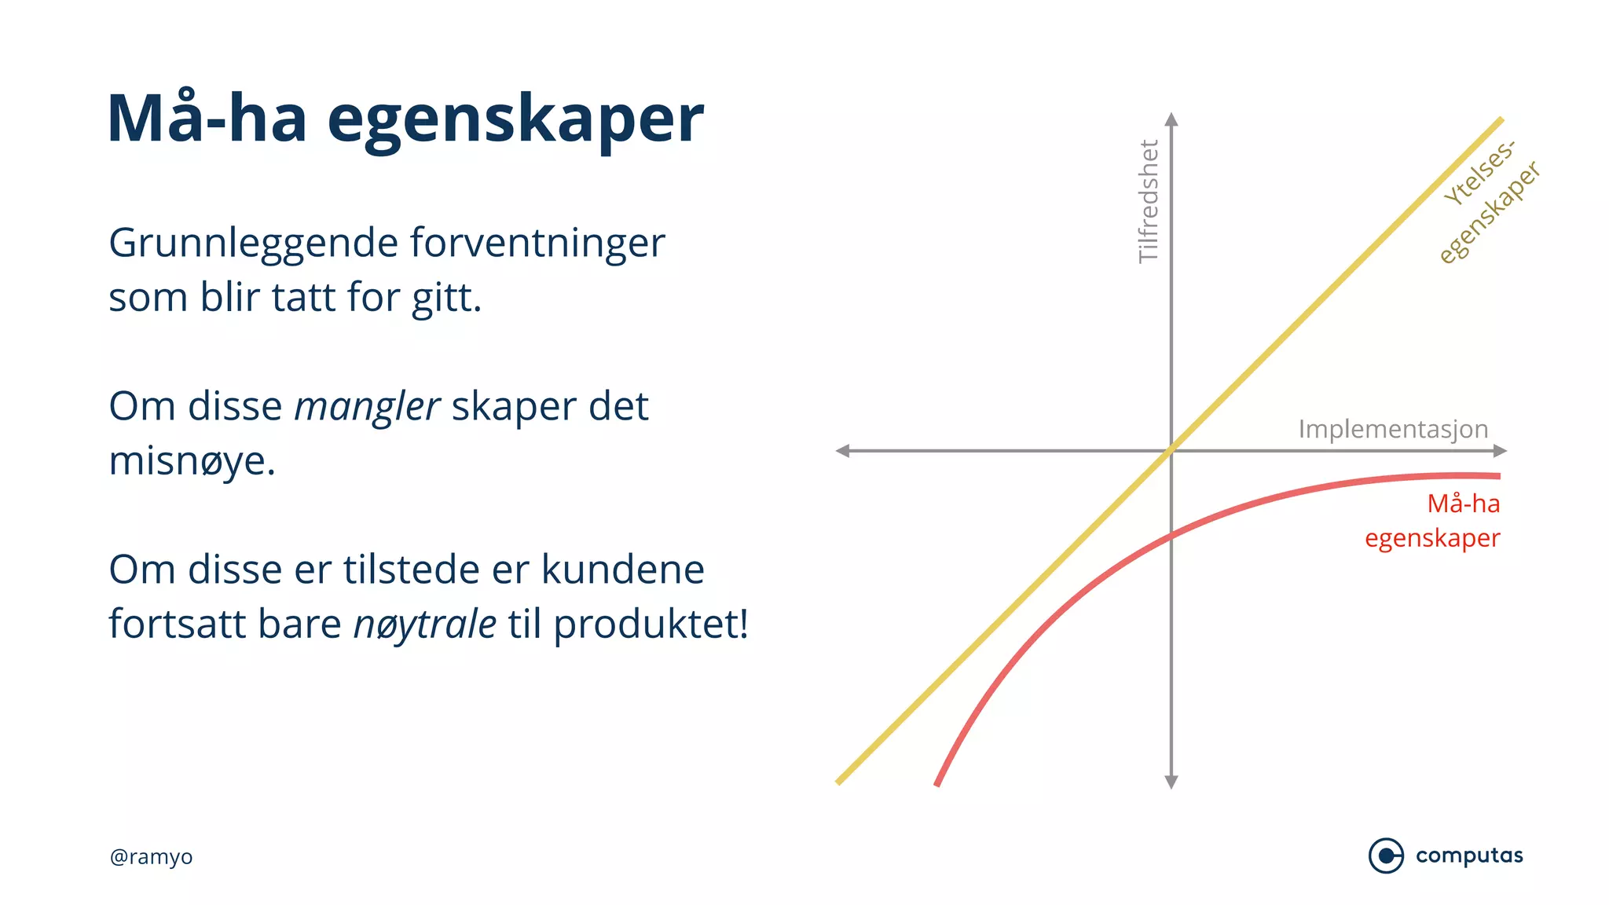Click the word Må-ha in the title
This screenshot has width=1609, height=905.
pyautogui.click(x=207, y=119)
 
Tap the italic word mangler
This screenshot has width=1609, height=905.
pyautogui.click(x=366, y=407)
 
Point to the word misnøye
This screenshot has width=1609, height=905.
pyautogui.click(x=192, y=462)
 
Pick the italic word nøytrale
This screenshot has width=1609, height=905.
pyautogui.click(x=424, y=625)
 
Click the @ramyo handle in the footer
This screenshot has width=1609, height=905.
pyautogui.click(x=151, y=856)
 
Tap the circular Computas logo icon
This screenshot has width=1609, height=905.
pyautogui.click(x=1386, y=856)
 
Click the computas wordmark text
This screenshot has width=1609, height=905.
pyautogui.click(x=1469, y=856)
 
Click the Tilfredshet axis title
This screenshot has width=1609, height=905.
pyautogui.click(x=1149, y=202)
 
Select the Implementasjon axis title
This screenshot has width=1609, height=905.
pyautogui.click(x=1393, y=429)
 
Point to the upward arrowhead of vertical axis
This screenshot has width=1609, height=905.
pyautogui.click(x=1171, y=119)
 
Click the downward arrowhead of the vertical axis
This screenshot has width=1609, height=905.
pyautogui.click(x=1171, y=782)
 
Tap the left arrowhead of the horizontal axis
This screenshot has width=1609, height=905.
pyautogui.click(x=842, y=451)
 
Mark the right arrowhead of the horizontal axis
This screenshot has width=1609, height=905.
pyautogui.click(x=1500, y=451)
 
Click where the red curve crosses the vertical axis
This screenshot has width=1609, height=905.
pyautogui.click(x=1171, y=537)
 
